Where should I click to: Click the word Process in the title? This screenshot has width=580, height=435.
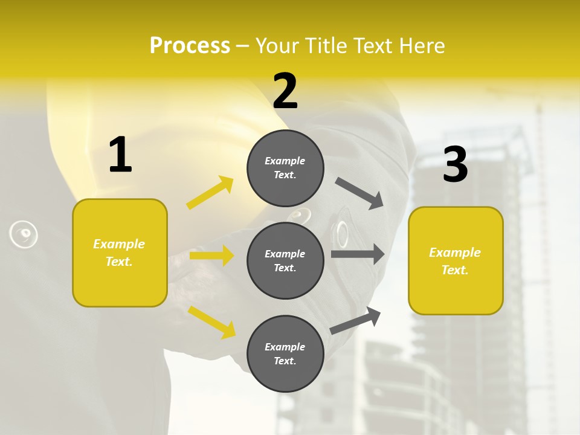point(190,45)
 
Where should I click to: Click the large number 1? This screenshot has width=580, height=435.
point(120,155)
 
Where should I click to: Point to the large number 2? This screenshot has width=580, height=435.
point(285,91)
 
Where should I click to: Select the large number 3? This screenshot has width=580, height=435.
point(455,164)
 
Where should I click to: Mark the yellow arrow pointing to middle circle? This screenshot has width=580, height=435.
point(211,256)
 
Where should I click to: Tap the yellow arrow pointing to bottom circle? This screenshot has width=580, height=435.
point(211,321)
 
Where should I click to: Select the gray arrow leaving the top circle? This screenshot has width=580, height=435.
point(359,193)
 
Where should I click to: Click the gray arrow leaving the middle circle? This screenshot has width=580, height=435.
point(357,254)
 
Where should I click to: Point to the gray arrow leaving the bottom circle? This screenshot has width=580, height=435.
point(355,320)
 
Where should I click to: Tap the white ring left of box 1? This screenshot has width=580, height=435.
point(24,234)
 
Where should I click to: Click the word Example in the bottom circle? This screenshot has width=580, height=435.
point(285,347)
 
